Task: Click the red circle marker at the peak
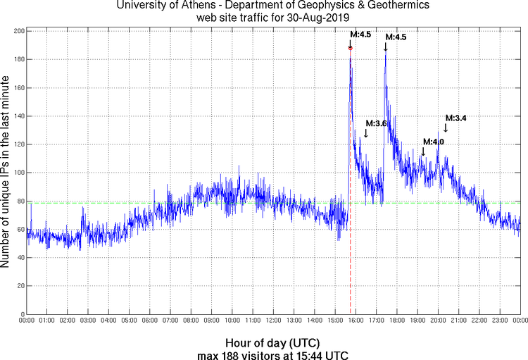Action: (x=350, y=48)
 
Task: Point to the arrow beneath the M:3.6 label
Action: (x=365, y=132)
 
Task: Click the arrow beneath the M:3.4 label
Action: (x=446, y=128)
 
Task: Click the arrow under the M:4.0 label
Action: (x=422, y=151)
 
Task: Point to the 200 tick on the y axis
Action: (x=18, y=32)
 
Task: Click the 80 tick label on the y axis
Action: (x=20, y=201)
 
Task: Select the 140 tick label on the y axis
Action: (x=18, y=116)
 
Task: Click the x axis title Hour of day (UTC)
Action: (x=272, y=342)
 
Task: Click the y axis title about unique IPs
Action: (x=6, y=172)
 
